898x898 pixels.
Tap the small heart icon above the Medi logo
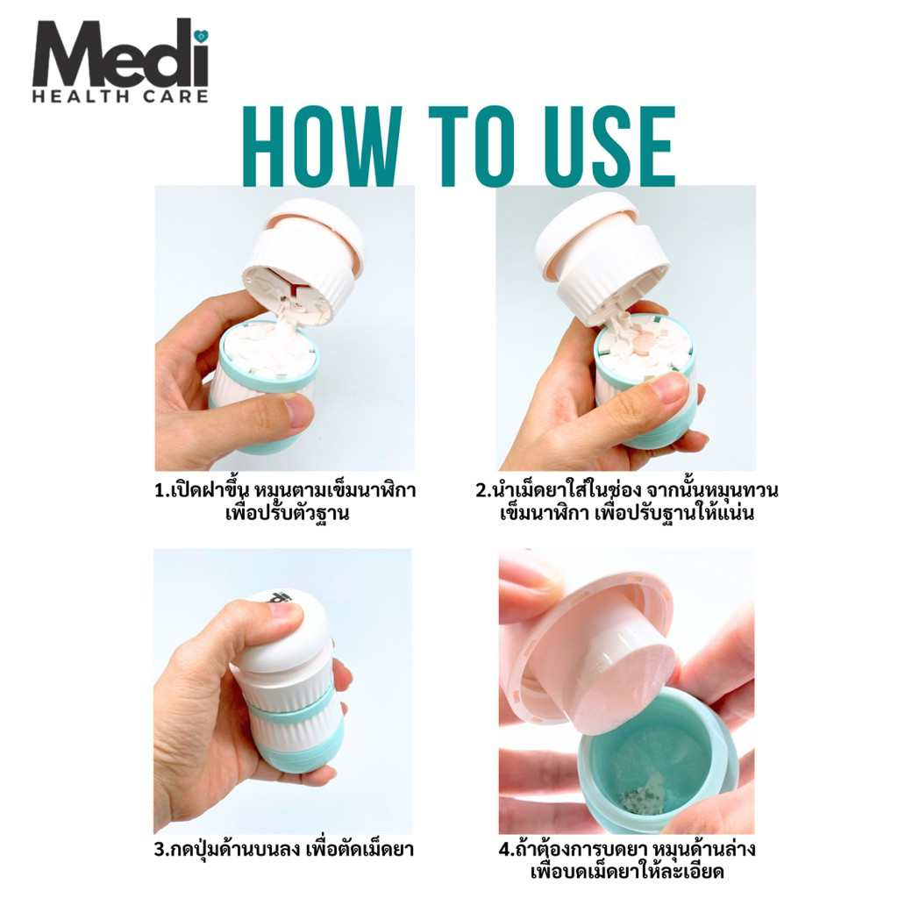pyautogui.click(x=201, y=35)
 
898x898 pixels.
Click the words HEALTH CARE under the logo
pyautogui.click(x=120, y=96)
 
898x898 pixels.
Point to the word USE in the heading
pyautogui.click(x=609, y=146)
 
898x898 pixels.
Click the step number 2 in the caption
pyautogui.click(x=481, y=491)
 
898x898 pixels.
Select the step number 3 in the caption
pyautogui.click(x=160, y=849)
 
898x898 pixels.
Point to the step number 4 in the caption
pyautogui.click(x=504, y=849)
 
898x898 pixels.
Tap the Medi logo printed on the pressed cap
pyautogui.click(x=280, y=597)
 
